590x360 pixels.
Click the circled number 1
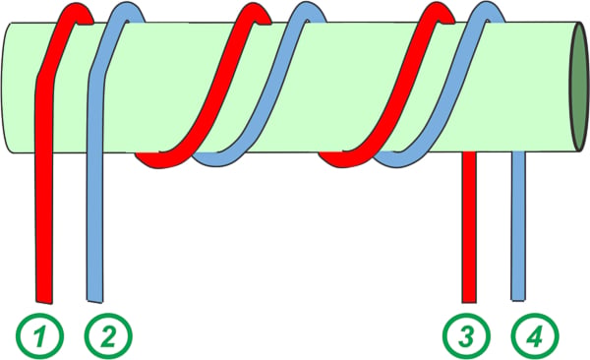(x=39, y=335)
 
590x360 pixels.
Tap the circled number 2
(x=109, y=335)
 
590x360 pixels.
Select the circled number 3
(x=466, y=336)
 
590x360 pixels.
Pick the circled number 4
(x=536, y=336)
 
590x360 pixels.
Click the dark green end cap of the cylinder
(x=580, y=87)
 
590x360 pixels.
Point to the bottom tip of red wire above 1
(x=44, y=302)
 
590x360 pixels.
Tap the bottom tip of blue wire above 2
(x=94, y=301)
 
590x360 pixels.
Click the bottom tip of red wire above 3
(x=469, y=302)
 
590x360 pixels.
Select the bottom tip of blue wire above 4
(x=518, y=300)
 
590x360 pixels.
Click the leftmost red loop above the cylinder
(x=77, y=11)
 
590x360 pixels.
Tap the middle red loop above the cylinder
(x=256, y=11)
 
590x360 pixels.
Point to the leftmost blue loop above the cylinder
(x=128, y=9)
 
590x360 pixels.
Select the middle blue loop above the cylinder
(x=310, y=9)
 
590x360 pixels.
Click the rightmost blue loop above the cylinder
(x=488, y=9)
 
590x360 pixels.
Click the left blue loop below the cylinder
(x=218, y=160)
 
